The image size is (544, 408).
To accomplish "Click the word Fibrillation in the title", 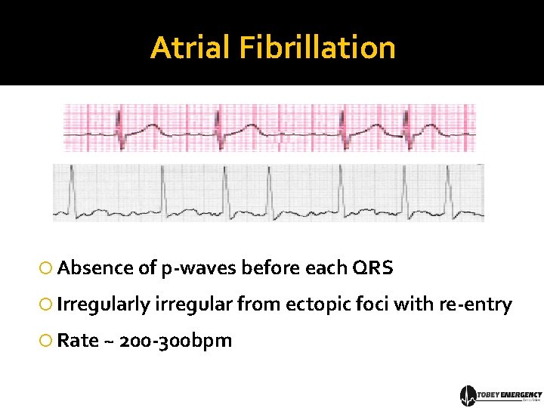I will tap(317, 48).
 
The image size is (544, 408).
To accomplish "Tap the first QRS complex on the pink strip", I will tap(119, 125).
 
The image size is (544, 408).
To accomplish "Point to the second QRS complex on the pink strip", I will tap(218, 125).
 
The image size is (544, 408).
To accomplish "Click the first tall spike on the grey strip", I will tap(70, 185).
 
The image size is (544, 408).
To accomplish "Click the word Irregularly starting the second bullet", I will tap(104, 304).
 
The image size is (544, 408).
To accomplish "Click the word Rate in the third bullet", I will tap(78, 341).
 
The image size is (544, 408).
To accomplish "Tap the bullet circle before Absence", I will tap(47, 269).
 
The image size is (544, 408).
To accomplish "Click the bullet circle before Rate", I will tap(47, 342).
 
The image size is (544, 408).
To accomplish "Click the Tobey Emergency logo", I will tap(501, 395).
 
